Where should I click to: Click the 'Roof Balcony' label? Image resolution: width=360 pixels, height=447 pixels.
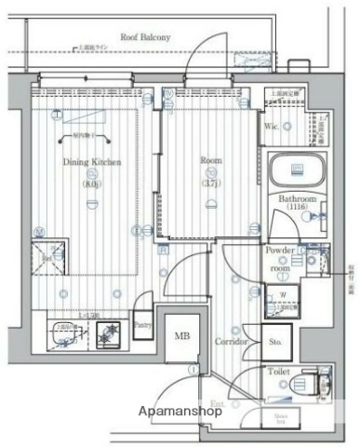pos(143,37)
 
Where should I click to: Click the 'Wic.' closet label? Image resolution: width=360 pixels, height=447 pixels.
pos(275,126)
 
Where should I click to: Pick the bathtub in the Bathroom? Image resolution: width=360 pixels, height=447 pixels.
pos(295,170)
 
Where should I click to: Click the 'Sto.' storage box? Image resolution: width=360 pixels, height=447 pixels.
pos(277,342)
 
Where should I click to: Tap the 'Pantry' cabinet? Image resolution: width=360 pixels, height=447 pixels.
pos(142,325)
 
